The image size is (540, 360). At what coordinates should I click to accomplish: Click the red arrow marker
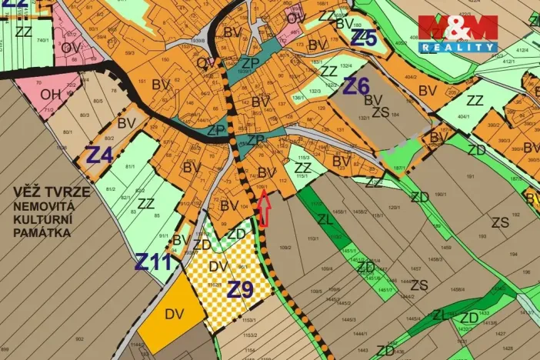(x=264, y=208)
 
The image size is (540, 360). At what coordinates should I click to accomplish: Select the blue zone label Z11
(x=152, y=262)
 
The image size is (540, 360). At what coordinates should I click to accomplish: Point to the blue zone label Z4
(x=99, y=155)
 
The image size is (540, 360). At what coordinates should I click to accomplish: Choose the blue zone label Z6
(x=356, y=85)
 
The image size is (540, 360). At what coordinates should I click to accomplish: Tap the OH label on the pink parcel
(x=51, y=95)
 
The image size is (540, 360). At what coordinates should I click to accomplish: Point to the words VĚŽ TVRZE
(x=51, y=192)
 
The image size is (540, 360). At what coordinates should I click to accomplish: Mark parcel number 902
(x=79, y=338)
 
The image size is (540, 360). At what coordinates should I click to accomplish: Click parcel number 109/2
(x=285, y=248)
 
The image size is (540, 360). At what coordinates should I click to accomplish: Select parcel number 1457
(x=415, y=268)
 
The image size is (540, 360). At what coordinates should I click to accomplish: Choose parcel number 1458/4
(x=457, y=289)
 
